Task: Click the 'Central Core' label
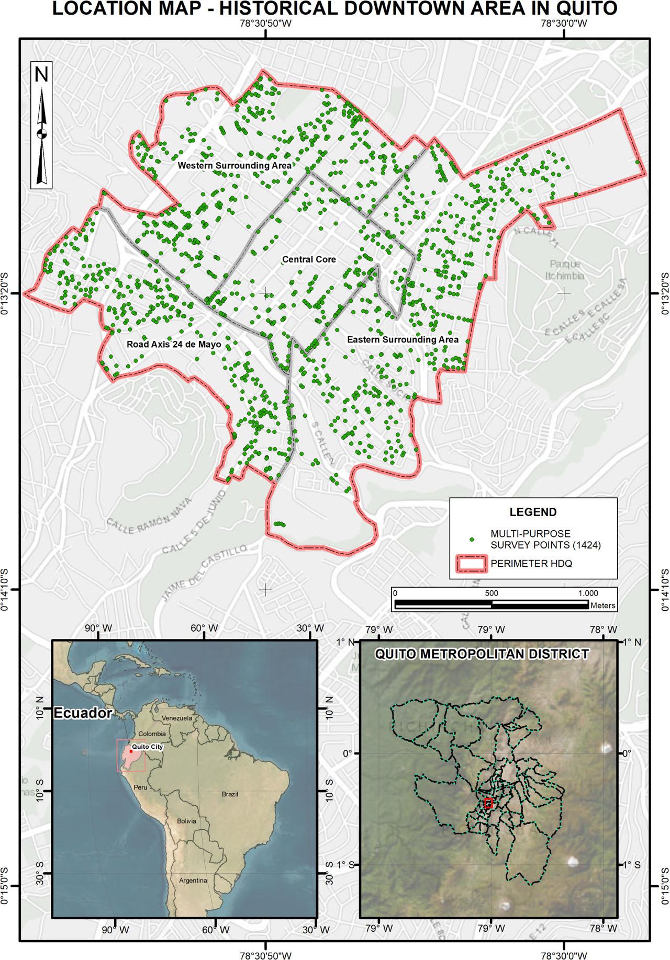pos(309,259)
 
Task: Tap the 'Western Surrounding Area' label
pos(234,166)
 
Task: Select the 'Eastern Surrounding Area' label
pos(403,340)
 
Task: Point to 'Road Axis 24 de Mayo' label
pos(174,345)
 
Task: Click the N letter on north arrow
pos(41,75)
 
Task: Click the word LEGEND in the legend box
pos(533,512)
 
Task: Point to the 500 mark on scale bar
pos(491,593)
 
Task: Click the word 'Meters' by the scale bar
pos(602,606)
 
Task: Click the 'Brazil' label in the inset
pos(229,794)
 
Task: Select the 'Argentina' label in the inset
pos(193,881)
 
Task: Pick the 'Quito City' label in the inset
pos(148,747)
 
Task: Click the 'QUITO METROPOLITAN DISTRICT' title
pos(482,654)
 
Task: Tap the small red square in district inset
pos(488,804)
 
